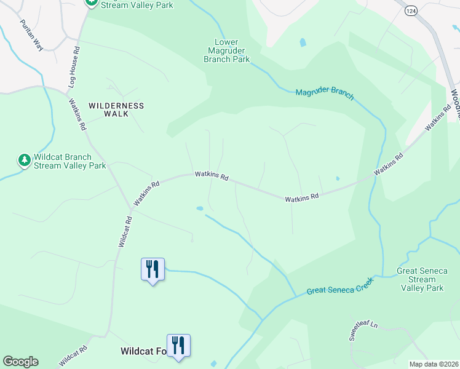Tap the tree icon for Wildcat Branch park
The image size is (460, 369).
tap(25, 161)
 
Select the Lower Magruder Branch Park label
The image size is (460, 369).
tap(227, 50)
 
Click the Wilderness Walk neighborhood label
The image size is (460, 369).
tap(116, 109)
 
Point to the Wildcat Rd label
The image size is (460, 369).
tap(125, 231)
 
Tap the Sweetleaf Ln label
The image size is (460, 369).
tap(362, 330)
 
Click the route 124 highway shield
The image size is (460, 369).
tap(411, 10)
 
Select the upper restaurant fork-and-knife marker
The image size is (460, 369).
tap(153, 269)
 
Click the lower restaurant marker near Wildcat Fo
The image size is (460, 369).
tap(178, 346)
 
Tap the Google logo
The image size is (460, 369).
tap(20, 362)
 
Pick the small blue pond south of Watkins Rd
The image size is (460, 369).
tap(199, 208)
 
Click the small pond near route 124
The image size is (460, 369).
tap(302, 42)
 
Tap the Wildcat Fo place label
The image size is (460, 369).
tap(143, 352)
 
